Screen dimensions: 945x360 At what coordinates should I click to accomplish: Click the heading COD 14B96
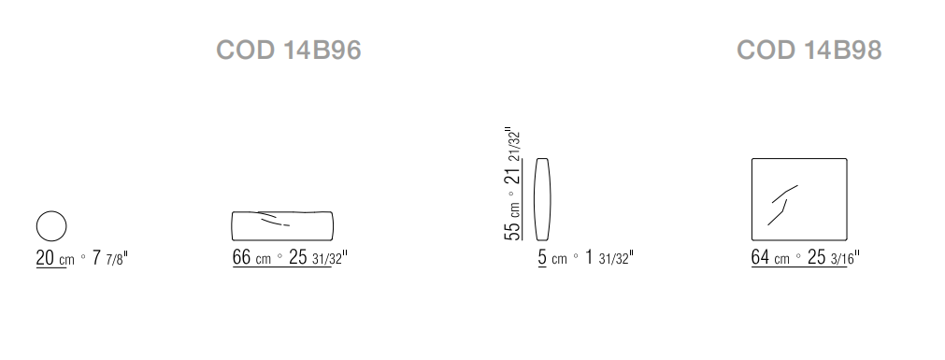[289, 50]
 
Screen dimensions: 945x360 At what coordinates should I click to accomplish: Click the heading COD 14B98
[809, 50]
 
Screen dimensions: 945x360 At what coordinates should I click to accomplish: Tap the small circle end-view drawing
[51, 211]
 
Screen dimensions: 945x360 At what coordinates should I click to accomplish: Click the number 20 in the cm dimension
[45, 258]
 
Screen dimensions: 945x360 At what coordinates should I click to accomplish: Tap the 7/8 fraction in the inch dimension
[117, 260]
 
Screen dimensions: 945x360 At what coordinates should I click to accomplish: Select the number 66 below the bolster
[242, 257]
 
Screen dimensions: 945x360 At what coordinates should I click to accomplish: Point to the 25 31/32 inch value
[318, 257]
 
